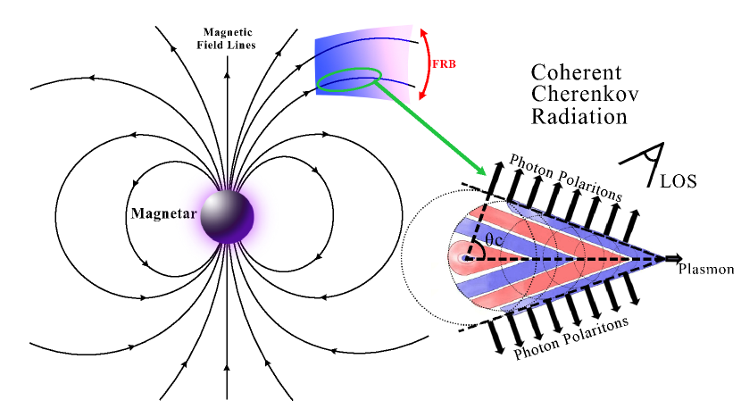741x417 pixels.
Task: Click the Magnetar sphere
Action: pyautogui.click(x=227, y=215)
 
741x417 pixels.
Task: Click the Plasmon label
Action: pyautogui.click(x=706, y=269)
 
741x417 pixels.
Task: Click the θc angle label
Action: pyautogui.click(x=495, y=241)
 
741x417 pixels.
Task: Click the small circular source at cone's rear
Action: pyautogui.click(x=463, y=257)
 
